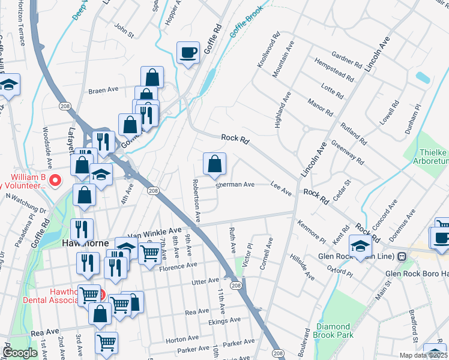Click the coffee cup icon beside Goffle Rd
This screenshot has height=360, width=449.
tap(188, 53)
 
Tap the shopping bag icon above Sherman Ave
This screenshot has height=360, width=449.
tap(214, 163)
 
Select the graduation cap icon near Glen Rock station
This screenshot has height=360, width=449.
tap(361, 247)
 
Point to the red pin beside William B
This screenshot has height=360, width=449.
tap(55, 179)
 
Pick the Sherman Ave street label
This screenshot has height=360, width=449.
tap(236, 185)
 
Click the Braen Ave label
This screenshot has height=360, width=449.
tap(103, 91)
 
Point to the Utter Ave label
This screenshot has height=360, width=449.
tap(205, 281)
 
